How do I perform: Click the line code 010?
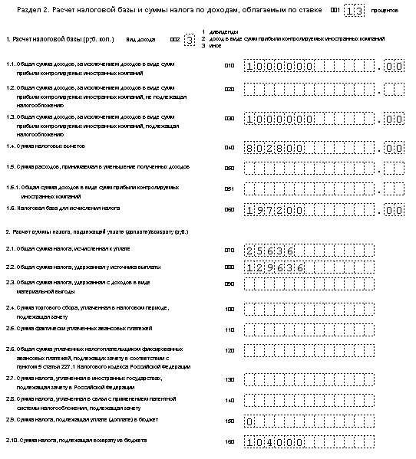click(x=229, y=67)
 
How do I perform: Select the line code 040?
click(x=229, y=146)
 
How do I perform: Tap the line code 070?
click(x=229, y=250)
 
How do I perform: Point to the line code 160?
click(x=229, y=441)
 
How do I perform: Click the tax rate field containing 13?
click(x=352, y=10)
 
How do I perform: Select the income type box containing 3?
click(x=190, y=38)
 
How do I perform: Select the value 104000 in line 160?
click(x=276, y=442)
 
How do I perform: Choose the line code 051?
click(x=229, y=188)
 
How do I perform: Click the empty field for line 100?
click(x=308, y=310)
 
